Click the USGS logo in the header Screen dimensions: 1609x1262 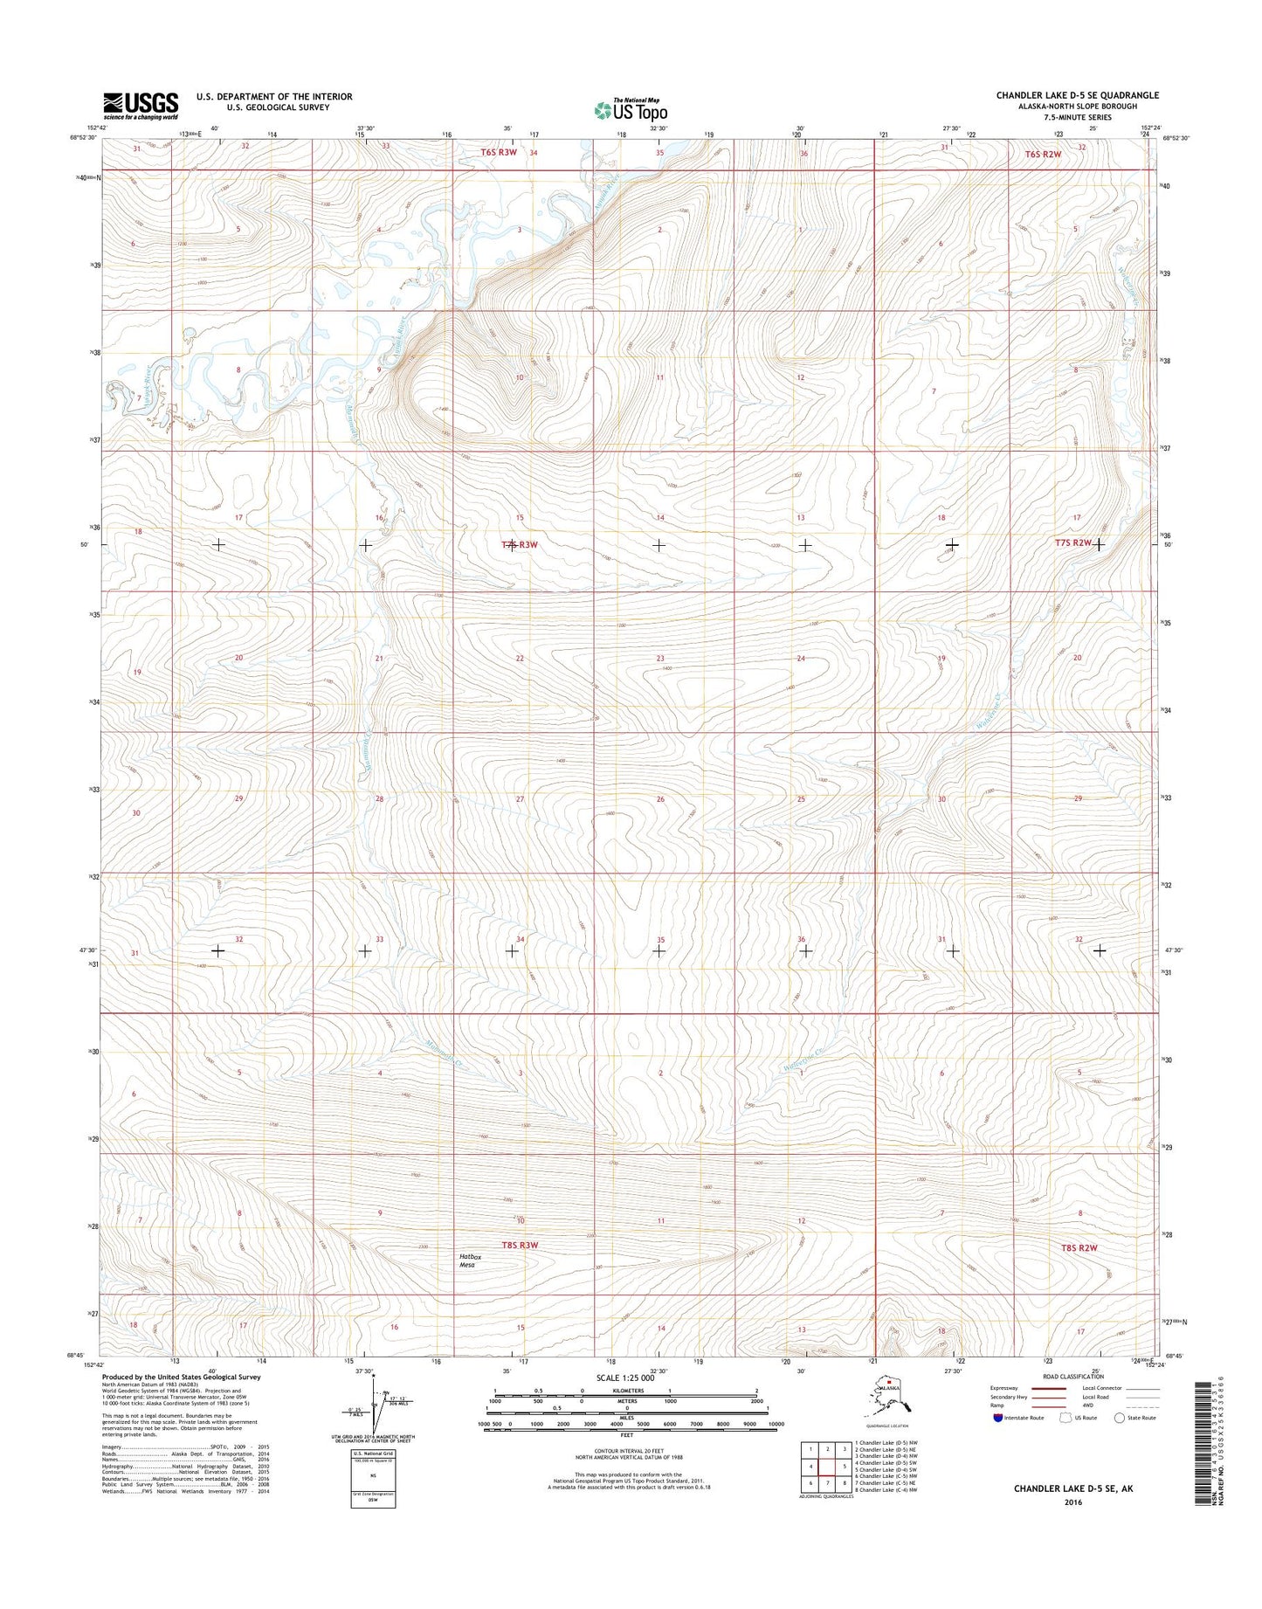tap(141, 105)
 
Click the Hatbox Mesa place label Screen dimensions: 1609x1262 tap(472, 1260)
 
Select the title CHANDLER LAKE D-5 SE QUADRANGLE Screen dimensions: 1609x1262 tap(1077, 95)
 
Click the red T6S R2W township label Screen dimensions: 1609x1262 tap(1043, 154)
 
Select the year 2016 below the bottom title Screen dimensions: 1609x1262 tap(1072, 1502)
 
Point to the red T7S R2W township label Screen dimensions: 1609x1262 tap(1073, 542)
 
